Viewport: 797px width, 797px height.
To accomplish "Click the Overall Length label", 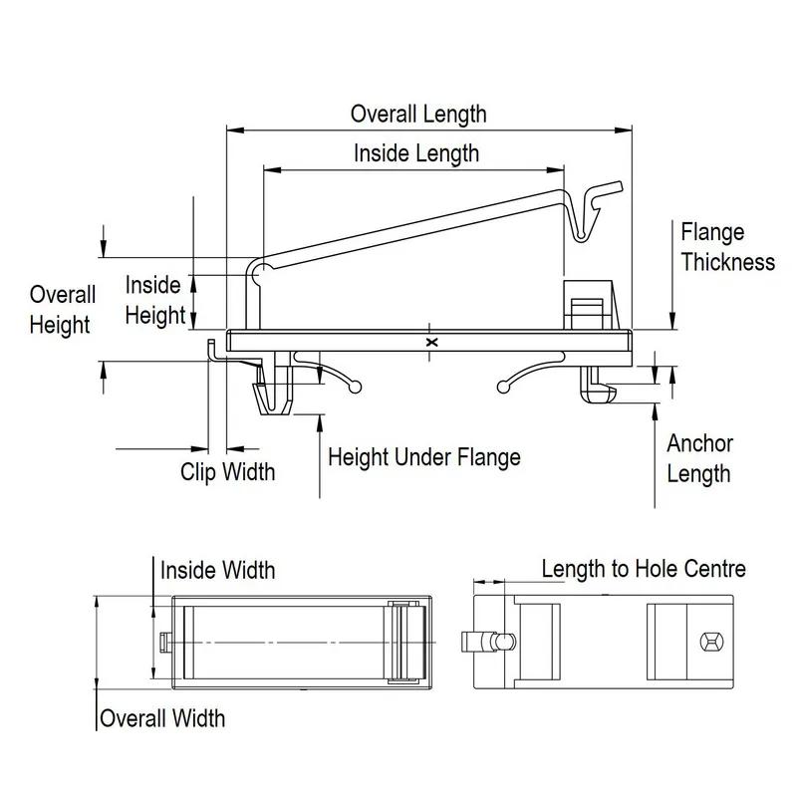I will coord(418,114).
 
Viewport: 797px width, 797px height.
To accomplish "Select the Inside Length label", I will coord(416,153).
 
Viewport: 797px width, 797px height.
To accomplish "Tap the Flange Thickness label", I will coord(727,247).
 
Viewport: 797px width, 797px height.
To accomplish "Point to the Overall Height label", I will coord(62,310).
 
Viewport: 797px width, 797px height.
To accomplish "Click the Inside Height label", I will coord(154,300).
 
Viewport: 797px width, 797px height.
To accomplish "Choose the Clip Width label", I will coord(227,471).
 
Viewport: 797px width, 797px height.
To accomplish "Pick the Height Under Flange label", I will coord(424,458).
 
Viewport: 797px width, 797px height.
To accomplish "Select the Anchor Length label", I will coord(699,458).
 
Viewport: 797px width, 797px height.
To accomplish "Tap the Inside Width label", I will coord(218,570).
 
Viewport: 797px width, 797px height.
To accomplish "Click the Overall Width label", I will coord(162,717).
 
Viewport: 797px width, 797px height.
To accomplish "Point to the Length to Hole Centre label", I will coord(644,569).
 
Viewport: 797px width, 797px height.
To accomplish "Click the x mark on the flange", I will coord(431,342).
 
